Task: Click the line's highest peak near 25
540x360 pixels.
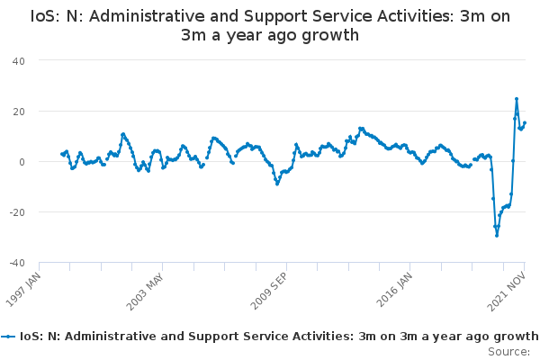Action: [x=517, y=99]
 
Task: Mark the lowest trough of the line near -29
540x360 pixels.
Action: [x=497, y=235]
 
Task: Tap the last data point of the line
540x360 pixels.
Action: [x=525, y=123]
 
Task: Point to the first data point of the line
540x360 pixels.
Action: [x=61, y=154]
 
